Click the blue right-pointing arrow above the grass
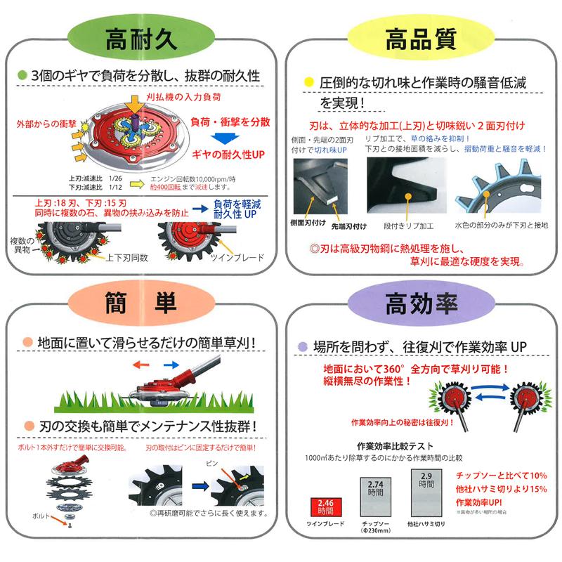coord(171,365)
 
